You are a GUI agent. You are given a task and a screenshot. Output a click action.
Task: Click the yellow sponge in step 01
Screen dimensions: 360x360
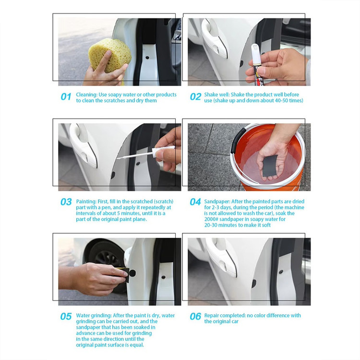point(110,55)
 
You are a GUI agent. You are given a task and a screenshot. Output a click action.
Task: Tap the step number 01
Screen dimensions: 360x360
point(66,96)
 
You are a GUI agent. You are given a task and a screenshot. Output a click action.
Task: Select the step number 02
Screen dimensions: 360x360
point(196,96)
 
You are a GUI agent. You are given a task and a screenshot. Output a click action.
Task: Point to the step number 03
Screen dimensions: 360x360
point(66,202)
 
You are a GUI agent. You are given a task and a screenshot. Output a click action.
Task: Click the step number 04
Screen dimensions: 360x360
point(195,202)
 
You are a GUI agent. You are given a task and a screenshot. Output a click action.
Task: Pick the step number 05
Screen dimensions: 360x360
point(66,316)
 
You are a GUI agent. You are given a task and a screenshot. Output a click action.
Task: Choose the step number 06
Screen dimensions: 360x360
point(195,316)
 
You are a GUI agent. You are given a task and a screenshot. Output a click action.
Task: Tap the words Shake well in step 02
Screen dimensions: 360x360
point(217,95)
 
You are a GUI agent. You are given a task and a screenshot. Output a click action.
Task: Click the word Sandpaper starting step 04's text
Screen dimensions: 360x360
point(217,202)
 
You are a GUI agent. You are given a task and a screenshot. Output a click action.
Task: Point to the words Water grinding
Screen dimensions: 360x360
point(94,316)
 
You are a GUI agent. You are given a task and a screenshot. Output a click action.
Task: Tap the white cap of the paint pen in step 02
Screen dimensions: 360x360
point(255,53)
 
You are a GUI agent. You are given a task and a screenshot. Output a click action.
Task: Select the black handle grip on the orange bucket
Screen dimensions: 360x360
point(237,142)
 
